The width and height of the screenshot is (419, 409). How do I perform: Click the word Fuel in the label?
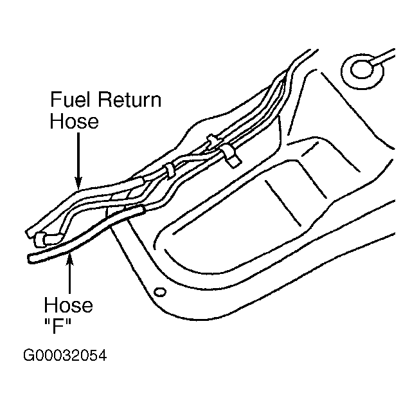click(x=69, y=101)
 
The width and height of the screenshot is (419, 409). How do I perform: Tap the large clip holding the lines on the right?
click(x=229, y=156)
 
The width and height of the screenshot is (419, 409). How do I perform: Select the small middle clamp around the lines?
click(x=170, y=172)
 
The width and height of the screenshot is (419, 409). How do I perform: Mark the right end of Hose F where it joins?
click(x=140, y=208)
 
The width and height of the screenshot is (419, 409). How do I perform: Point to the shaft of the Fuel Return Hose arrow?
click(x=77, y=154)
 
